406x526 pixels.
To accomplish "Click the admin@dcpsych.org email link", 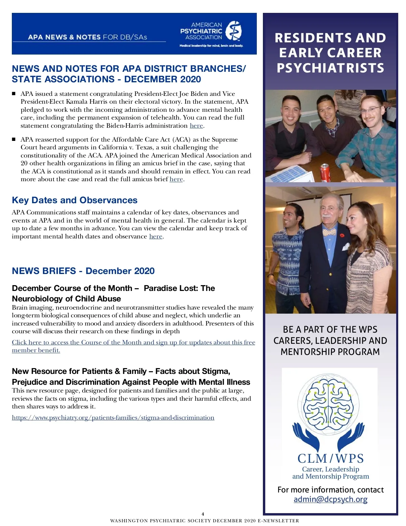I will tap(330, 499).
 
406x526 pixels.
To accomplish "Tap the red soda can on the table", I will tap(325, 172).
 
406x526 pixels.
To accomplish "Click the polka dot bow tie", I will tap(329, 232).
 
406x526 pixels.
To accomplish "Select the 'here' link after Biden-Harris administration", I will tap(196, 126).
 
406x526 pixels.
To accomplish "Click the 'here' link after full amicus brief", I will tap(176, 179).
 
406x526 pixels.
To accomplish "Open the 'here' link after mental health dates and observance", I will tap(156, 236).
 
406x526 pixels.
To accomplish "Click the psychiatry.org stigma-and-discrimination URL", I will tap(113, 418).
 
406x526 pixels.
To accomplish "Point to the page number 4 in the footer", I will tap(203, 514).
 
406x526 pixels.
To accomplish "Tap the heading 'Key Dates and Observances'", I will tap(74, 200).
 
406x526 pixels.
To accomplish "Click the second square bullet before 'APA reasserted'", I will tap(14, 139).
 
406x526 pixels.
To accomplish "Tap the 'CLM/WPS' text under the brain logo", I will tap(330, 458).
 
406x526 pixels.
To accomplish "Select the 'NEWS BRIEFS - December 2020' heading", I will tap(83, 271).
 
